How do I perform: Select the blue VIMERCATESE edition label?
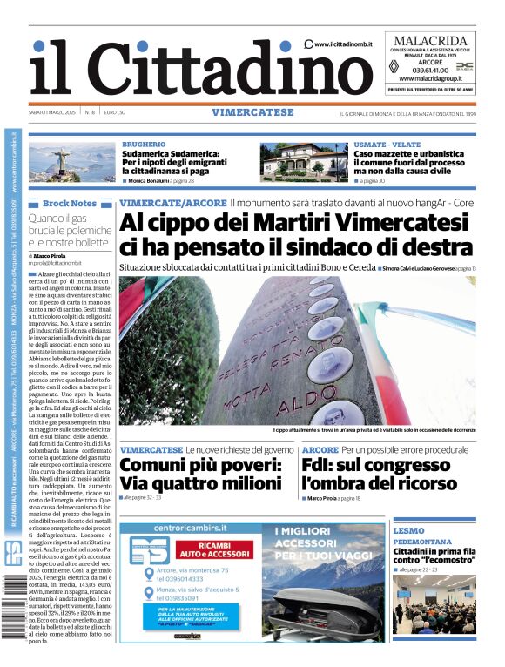[252, 112]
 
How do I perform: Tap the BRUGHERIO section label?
[144, 144]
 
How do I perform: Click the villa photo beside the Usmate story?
[303, 162]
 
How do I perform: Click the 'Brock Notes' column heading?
[70, 203]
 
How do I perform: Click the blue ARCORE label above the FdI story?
[320, 449]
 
